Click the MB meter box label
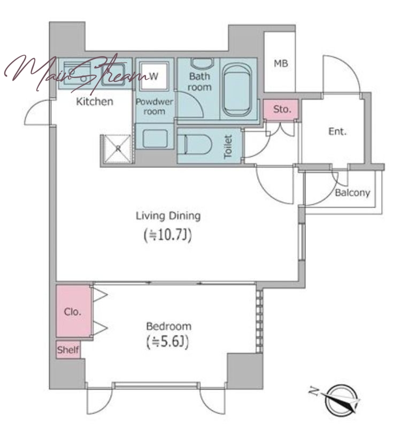pos(281,64)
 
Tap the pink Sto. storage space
pos(281,110)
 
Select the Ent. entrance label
pos(337,132)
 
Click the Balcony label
pos(352,193)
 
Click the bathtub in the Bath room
pos(237,90)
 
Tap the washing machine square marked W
pos(153,76)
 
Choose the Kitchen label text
pos(95,102)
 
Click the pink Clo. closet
pos(73,311)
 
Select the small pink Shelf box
pos(68,349)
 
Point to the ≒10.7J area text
pos(168,235)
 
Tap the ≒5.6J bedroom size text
pos(167,342)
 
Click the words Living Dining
pos(168,216)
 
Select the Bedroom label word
pos(168,326)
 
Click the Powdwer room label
pos(155,106)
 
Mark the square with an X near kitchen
pos(118,149)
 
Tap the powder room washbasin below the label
pos(155,139)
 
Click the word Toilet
pos(228,147)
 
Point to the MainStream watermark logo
pos(75,72)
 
